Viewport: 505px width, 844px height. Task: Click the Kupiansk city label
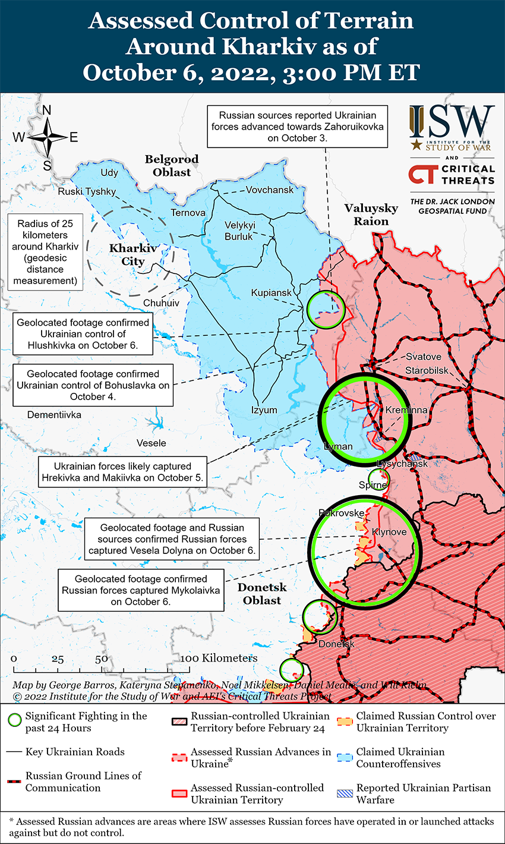[272, 293]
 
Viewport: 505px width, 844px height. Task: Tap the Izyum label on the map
[264, 410]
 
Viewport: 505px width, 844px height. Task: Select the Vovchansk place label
[270, 190]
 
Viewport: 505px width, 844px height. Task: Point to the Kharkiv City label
[132, 255]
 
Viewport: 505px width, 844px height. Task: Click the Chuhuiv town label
[161, 303]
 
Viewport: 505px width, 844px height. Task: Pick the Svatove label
[424, 357]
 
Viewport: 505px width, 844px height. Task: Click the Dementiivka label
[54, 414]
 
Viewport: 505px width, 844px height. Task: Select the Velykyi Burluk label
[239, 231]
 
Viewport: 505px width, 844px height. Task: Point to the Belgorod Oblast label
[172, 166]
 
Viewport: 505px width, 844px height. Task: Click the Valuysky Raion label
[371, 215]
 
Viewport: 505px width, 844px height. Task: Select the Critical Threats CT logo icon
[422, 175]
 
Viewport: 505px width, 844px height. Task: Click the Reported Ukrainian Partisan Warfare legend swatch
[345, 793]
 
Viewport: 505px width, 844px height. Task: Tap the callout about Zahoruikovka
[297, 126]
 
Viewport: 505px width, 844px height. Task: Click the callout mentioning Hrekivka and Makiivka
[123, 472]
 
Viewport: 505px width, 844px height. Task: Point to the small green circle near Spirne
[378, 477]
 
